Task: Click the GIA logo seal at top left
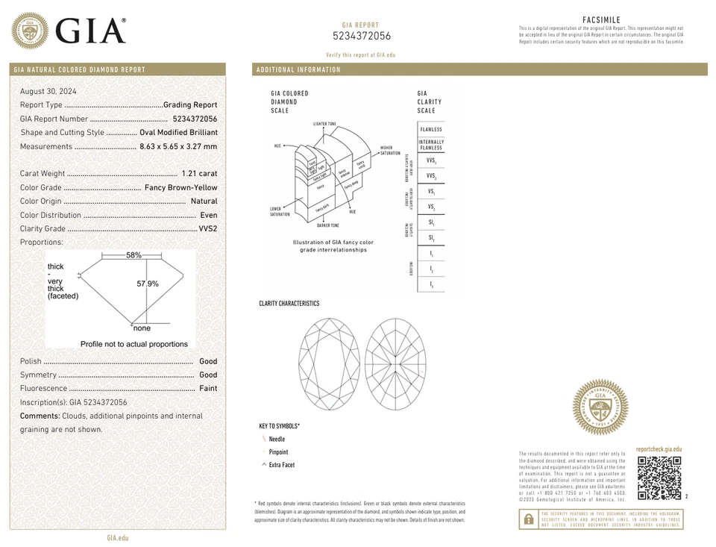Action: tap(30, 31)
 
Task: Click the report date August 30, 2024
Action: tap(48, 91)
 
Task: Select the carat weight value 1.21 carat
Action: tap(199, 174)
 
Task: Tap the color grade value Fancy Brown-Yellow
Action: tap(180, 187)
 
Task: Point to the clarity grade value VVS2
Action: tap(208, 229)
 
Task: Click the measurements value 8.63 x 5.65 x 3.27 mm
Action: tap(178, 146)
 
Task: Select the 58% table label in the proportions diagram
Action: tap(134, 255)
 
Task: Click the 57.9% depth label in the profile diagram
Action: tap(148, 284)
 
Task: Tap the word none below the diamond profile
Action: tap(142, 328)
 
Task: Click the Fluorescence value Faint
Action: tap(208, 389)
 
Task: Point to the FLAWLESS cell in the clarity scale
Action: tap(430, 130)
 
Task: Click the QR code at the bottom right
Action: tap(659, 478)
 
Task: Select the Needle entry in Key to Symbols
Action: tap(277, 440)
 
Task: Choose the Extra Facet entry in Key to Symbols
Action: tap(281, 465)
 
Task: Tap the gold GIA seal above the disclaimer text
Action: tap(600, 407)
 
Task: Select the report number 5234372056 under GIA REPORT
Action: tap(361, 36)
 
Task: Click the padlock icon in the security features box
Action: tap(528, 519)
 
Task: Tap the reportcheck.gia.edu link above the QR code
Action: tap(659, 449)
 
